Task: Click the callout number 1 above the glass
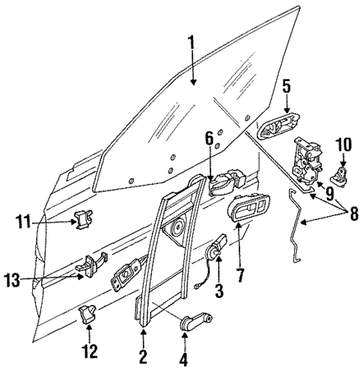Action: click(192, 45)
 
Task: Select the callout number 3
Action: click(219, 289)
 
